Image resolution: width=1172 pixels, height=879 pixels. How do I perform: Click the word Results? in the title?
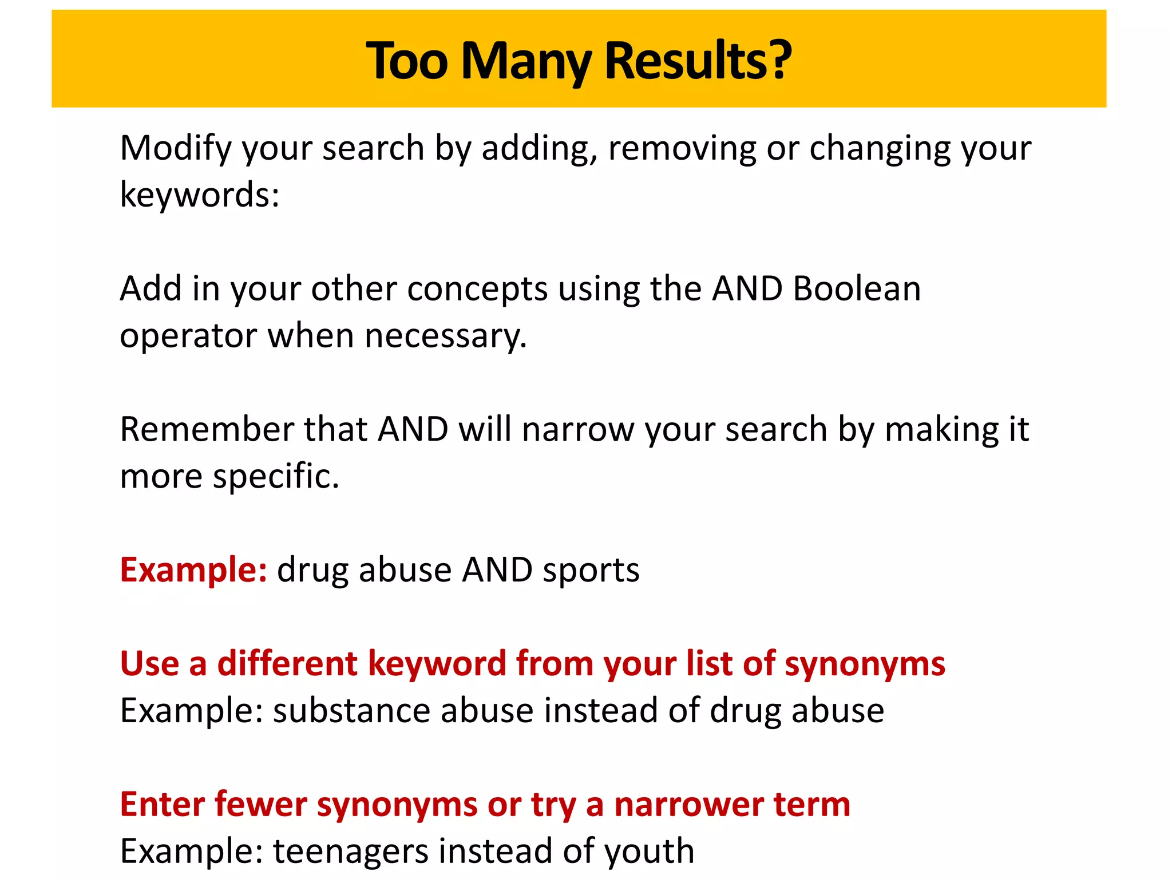click(698, 60)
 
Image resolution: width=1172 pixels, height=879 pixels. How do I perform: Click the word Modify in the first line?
click(175, 149)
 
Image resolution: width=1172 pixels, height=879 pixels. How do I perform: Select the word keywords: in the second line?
click(200, 195)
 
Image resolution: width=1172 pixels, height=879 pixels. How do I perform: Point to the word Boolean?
click(857, 288)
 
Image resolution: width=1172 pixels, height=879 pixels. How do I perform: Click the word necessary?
click(445, 336)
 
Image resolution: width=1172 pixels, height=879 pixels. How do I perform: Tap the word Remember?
click(207, 429)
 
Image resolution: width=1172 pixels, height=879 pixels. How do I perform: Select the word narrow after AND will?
click(578, 430)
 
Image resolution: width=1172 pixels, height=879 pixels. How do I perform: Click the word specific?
click(276, 477)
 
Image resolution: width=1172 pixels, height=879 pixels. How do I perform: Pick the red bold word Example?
click(193, 570)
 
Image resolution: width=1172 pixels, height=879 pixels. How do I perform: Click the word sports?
click(591, 571)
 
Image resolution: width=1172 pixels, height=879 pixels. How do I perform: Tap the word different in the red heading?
click(287, 664)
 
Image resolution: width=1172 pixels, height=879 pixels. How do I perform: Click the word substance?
click(351, 711)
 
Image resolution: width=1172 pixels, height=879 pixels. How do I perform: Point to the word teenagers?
click(351, 852)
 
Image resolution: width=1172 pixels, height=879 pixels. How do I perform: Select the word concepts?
click(477, 288)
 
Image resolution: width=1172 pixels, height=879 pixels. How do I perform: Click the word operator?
click(188, 336)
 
